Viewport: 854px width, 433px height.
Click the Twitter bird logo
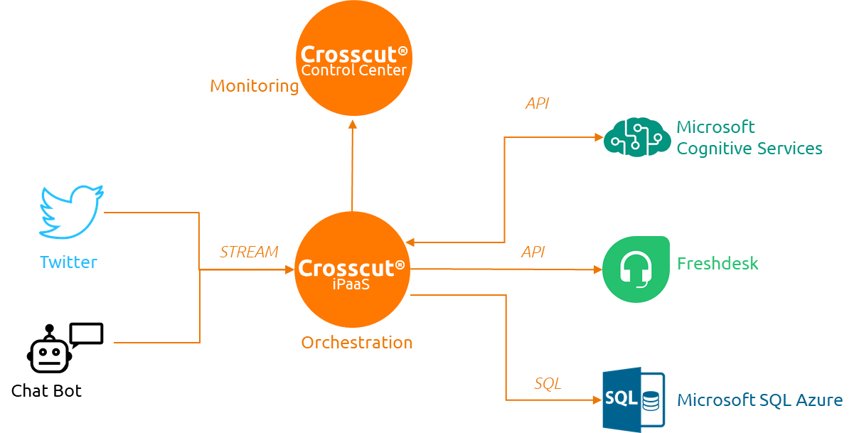pos(71,212)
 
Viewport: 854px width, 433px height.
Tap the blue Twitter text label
pos(68,262)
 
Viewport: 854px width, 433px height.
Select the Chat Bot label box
pos(47,391)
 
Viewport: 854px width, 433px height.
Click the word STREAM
pos(249,252)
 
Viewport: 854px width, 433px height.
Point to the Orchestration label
pos(357,342)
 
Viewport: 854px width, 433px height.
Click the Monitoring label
pos(254,86)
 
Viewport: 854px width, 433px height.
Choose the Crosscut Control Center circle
pos(353,59)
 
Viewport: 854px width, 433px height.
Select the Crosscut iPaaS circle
pos(352,269)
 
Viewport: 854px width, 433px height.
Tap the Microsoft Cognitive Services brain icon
pos(637,137)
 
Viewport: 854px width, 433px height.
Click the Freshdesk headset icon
pos(636,269)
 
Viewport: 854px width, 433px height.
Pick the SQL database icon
pos(634,400)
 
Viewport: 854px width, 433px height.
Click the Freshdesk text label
pos(717,264)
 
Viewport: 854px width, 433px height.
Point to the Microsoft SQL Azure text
pos(759,400)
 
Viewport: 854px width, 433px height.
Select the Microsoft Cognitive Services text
pos(749,138)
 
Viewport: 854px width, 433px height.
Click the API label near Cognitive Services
pos(537,104)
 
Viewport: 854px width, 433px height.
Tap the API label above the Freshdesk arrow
pos(533,252)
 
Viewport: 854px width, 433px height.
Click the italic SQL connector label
pos(548,384)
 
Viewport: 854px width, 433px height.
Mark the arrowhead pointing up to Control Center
pos(353,124)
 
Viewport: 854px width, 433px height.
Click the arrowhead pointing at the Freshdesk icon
pos(597,270)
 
